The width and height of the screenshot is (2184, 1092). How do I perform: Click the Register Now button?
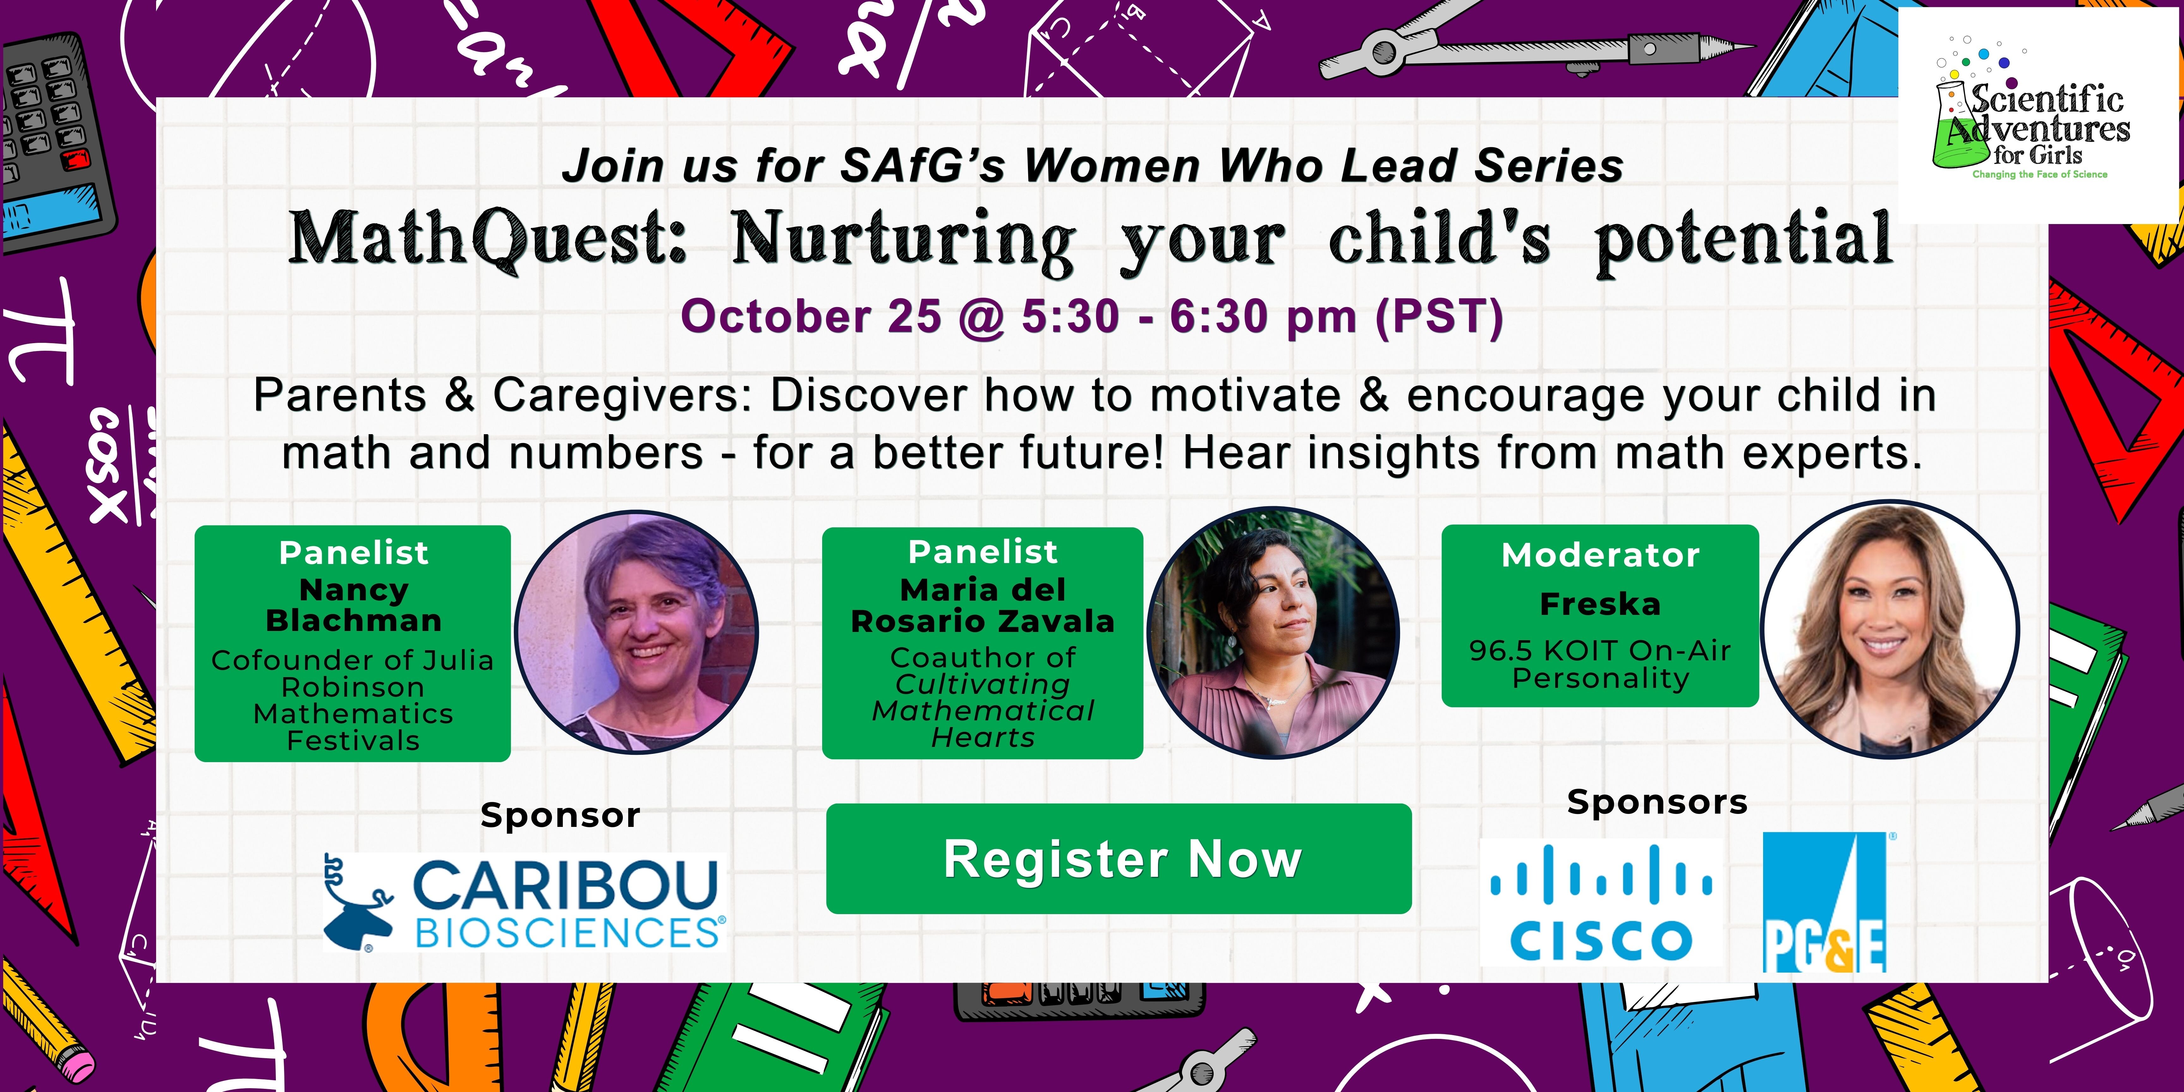[x=1118, y=859]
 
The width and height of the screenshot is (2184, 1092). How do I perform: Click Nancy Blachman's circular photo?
[x=637, y=632]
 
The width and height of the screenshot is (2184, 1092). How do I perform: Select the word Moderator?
[x=1600, y=555]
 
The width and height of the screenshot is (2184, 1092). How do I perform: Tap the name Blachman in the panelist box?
[x=354, y=621]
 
